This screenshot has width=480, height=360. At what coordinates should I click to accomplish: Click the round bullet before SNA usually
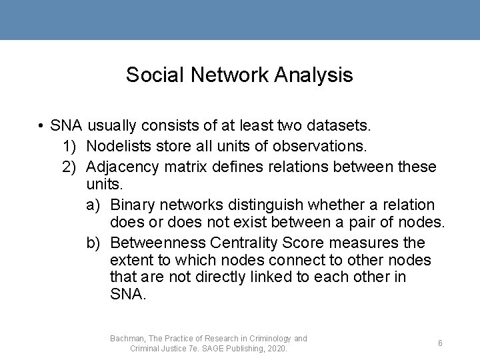(x=41, y=125)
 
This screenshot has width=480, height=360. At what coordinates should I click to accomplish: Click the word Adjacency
(x=123, y=166)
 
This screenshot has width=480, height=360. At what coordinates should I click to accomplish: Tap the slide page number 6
(x=440, y=343)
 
